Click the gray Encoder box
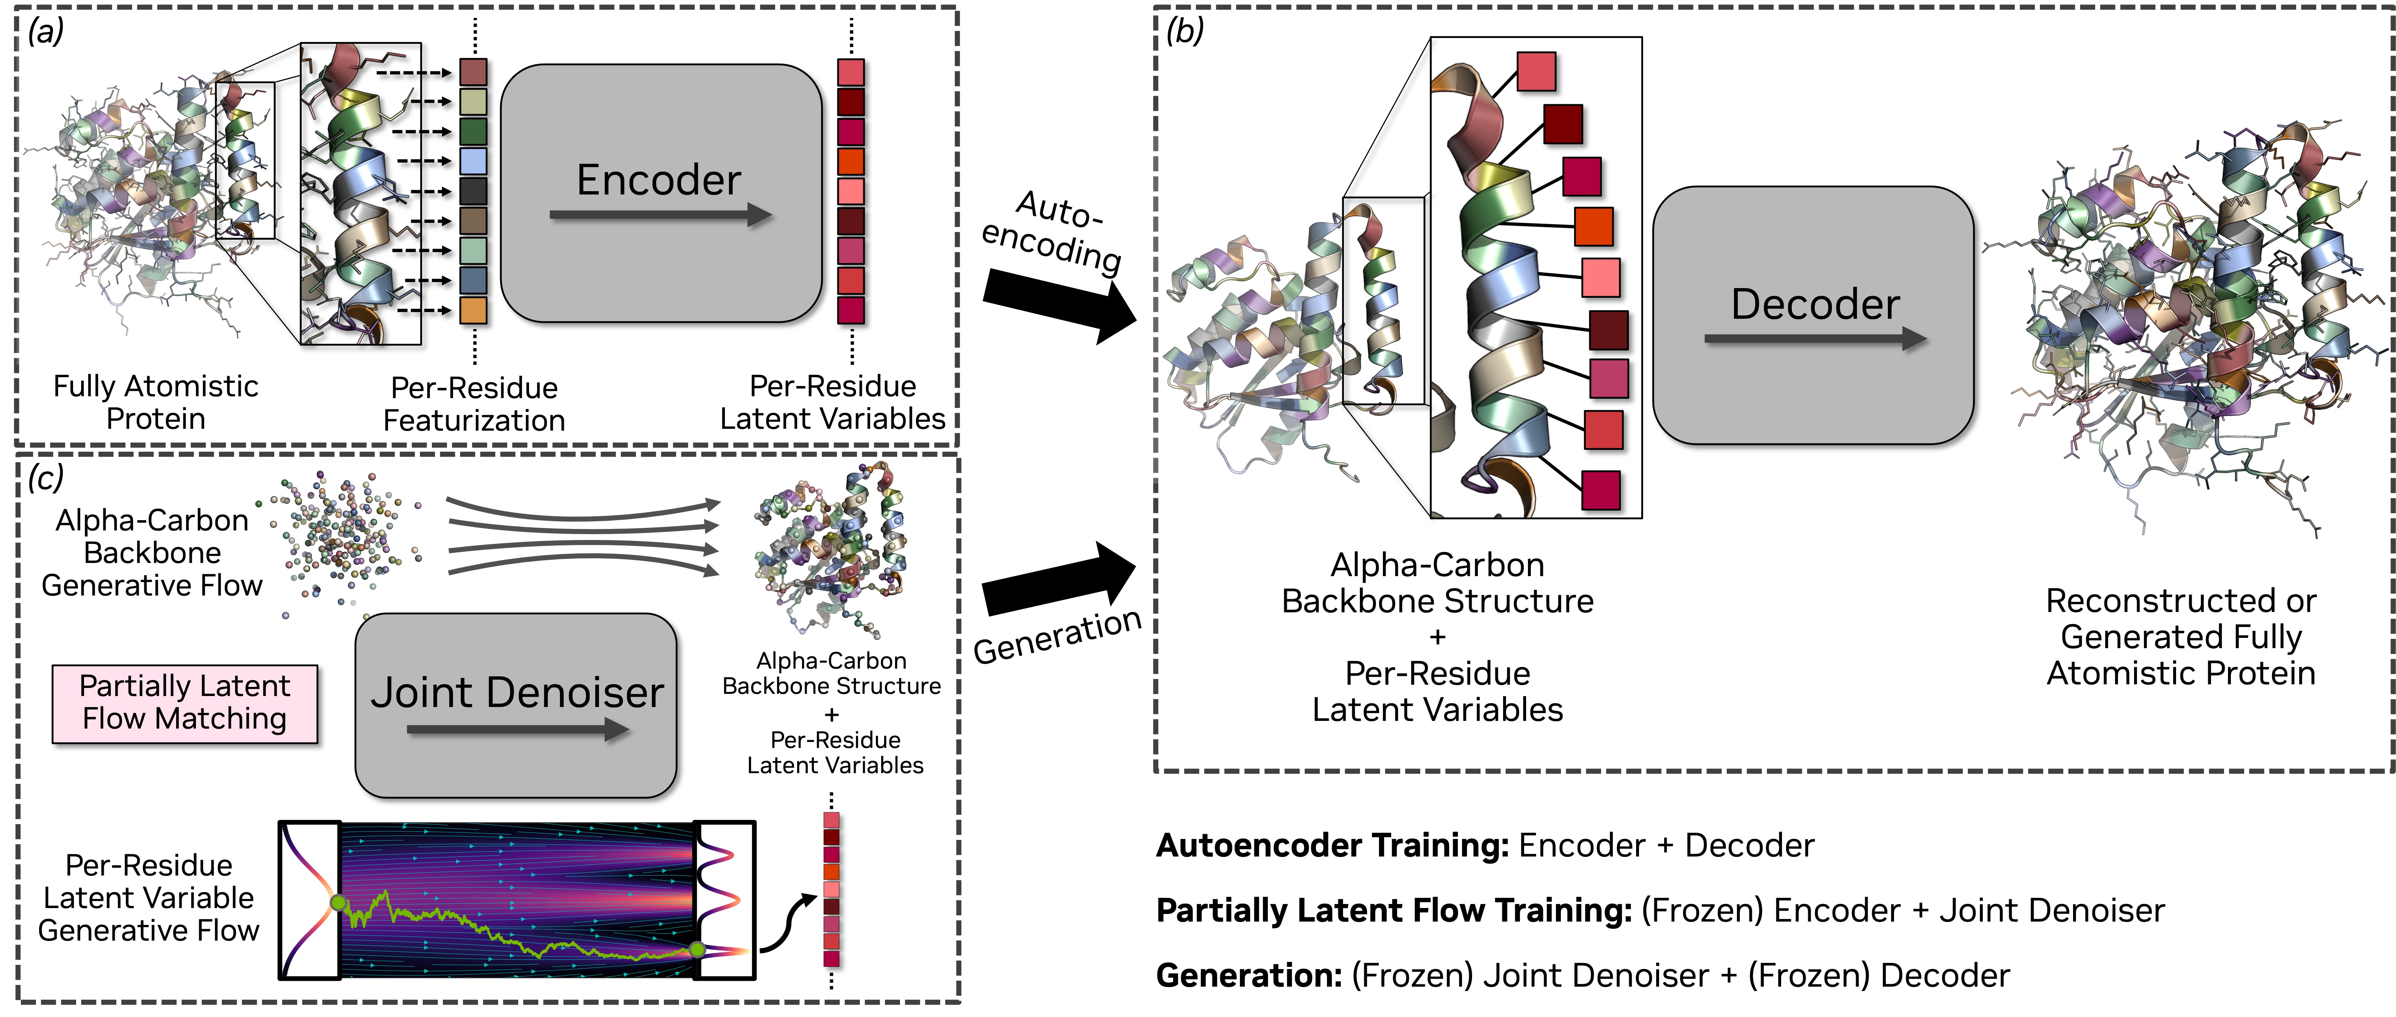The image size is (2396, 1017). pyautogui.click(x=661, y=193)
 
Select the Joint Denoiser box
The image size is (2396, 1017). pyautogui.click(x=516, y=705)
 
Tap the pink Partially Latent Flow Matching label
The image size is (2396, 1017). pyautogui.click(x=184, y=703)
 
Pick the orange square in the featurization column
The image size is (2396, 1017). pyautogui.click(x=474, y=310)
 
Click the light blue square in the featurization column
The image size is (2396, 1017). pyautogui.click(x=474, y=161)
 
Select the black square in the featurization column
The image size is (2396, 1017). pyautogui.click(x=474, y=191)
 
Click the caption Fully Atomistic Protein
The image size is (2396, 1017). pyautogui.click(x=155, y=402)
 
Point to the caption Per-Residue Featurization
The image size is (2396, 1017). pyautogui.click(x=474, y=404)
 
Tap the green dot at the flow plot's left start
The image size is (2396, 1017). pyautogui.click(x=339, y=903)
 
